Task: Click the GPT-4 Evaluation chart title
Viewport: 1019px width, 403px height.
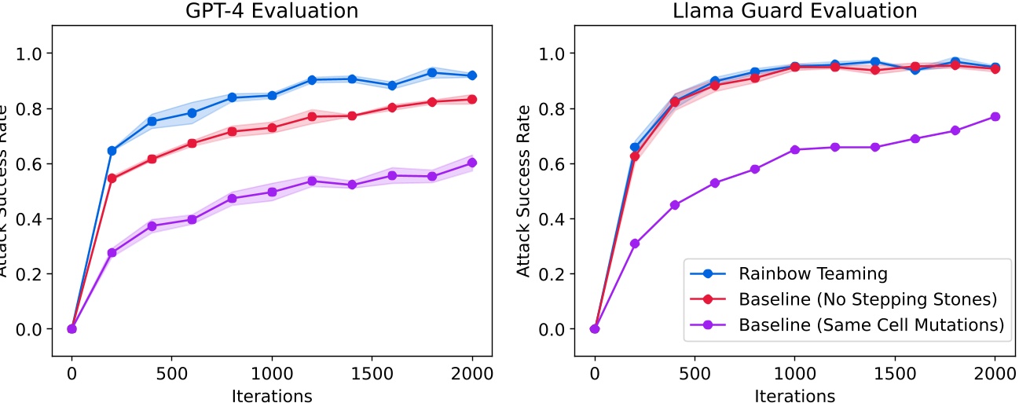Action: click(x=272, y=11)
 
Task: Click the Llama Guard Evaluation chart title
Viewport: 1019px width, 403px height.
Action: click(x=795, y=11)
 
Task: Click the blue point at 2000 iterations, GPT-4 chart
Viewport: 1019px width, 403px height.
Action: click(x=472, y=75)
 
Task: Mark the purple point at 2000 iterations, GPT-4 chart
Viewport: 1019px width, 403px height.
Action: click(x=472, y=163)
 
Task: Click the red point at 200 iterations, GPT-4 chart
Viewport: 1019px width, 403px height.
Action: click(x=112, y=178)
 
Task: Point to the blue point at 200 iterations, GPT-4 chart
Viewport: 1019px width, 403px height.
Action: click(x=112, y=150)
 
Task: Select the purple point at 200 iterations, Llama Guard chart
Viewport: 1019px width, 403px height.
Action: click(x=635, y=244)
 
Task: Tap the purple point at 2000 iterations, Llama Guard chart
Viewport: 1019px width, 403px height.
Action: click(x=995, y=116)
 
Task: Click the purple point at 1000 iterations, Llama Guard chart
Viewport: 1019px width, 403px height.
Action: click(x=795, y=149)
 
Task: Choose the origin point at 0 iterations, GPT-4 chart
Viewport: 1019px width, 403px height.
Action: click(x=71, y=328)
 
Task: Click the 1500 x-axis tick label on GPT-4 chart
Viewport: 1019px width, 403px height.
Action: click(x=372, y=374)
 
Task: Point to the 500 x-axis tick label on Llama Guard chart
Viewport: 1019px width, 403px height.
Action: click(x=695, y=374)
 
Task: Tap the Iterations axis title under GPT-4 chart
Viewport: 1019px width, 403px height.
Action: click(x=272, y=394)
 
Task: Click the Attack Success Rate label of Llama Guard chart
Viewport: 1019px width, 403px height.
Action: click(x=524, y=189)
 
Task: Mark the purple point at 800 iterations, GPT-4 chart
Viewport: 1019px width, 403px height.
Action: click(x=232, y=198)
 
